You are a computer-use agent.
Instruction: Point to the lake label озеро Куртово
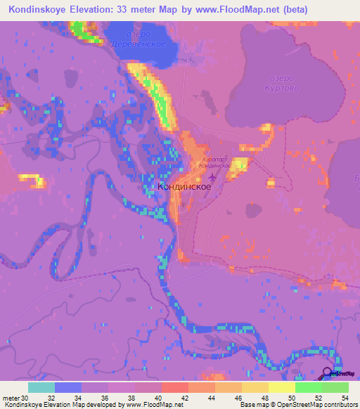(280, 84)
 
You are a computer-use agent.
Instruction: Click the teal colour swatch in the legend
(41, 387)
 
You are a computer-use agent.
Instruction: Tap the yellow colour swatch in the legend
(282, 387)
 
